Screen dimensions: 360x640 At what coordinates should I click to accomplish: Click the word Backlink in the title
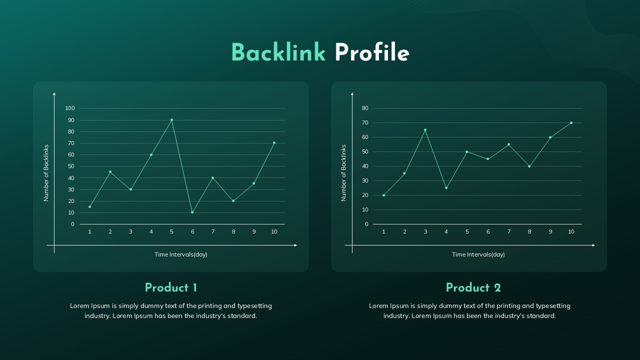(278, 53)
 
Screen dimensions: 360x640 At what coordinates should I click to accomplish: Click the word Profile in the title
(371, 53)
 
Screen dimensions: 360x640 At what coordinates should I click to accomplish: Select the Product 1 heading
(171, 288)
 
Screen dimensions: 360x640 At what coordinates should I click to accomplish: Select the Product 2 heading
(473, 288)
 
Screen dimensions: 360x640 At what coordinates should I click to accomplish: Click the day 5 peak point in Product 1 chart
(171, 120)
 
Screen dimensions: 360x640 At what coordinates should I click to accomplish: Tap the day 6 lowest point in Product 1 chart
(192, 212)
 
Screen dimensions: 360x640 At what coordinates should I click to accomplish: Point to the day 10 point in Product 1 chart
(274, 143)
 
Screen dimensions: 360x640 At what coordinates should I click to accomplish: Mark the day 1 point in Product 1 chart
(90, 206)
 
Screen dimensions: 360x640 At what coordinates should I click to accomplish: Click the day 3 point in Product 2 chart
(425, 130)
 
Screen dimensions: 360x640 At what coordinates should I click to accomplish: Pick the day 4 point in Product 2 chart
(446, 188)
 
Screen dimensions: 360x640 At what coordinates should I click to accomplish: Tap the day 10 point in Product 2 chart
(571, 123)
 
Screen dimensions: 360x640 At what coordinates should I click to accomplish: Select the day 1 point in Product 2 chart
(383, 195)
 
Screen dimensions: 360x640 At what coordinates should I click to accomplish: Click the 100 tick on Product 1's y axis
(69, 108)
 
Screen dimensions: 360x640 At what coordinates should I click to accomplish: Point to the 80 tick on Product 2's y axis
(365, 108)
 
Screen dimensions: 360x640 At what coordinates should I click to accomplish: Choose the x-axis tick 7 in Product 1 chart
(213, 231)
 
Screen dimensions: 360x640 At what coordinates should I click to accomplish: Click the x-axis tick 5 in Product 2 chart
(467, 231)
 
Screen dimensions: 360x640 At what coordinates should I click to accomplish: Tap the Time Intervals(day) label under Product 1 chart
(180, 254)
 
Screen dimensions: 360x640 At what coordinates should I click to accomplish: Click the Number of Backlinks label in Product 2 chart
(343, 173)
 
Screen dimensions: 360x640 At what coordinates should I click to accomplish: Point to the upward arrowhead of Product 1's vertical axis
(54, 93)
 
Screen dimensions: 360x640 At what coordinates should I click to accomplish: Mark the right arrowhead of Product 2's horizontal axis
(593, 245)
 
